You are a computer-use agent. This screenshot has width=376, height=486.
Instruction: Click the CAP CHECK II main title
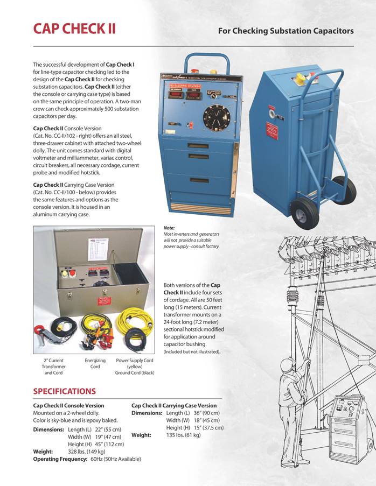[74, 29]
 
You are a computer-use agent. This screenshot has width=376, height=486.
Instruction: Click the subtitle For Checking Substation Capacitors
[286, 31]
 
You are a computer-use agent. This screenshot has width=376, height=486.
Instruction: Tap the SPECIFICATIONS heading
[65, 391]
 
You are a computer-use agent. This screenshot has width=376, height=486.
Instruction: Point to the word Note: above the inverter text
[169, 228]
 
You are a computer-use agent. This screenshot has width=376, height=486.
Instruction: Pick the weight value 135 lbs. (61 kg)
[183, 435]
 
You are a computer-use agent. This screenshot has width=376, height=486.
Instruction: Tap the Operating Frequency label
[60, 459]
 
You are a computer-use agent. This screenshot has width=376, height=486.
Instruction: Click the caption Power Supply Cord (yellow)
[134, 363]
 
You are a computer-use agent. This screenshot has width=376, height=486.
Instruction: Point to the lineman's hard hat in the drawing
[292, 361]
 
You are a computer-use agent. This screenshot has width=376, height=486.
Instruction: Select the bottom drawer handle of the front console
[199, 180]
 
